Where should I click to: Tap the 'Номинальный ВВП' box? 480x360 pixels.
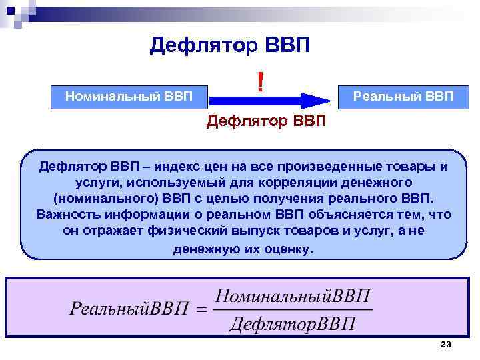tap(129, 96)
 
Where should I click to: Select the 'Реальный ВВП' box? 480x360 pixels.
tap(403, 96)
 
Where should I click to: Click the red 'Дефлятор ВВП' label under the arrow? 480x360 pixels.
tap(267, 121)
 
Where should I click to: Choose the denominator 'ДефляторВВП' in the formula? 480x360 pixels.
tap(293, 325)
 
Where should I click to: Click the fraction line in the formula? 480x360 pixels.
tap(294, 309)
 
